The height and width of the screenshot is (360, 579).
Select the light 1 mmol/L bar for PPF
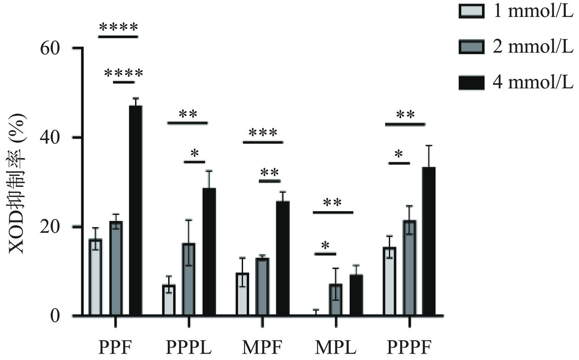96,277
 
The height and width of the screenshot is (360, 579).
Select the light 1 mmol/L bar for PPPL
169,300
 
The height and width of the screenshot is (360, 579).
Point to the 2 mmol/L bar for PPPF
409,268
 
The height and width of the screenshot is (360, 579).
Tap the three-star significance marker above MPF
263,134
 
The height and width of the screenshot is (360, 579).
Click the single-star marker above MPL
325,246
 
